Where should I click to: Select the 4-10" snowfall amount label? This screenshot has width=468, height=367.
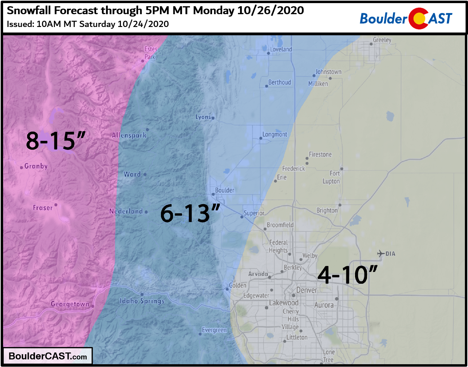coord(347,275)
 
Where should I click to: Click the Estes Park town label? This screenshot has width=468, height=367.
coord(151,53)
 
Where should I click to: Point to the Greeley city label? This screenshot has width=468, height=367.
coord(382,40)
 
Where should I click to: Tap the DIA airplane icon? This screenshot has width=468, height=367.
coord(381,254)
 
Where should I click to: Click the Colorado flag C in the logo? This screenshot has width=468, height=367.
coord(418,18)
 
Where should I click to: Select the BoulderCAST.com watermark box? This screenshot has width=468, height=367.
coord(48,356)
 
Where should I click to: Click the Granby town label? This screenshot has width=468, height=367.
coord(36,166)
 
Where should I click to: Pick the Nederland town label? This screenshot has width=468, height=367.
coord(126,211)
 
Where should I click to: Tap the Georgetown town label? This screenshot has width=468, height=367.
coord(70,304)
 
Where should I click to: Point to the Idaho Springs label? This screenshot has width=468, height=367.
coord(142,301)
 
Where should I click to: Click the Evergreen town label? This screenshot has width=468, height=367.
coord(214,330)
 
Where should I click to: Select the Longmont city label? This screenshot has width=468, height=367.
coord(275,135)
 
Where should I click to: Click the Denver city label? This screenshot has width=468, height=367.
coord(306,290)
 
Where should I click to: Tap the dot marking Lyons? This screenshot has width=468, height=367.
coord(213,118)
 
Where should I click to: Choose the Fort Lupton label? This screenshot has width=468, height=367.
coord(332,177)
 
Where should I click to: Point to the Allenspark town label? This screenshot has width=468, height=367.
coord(129,135)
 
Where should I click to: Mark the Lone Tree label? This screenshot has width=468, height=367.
coord(328,356)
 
